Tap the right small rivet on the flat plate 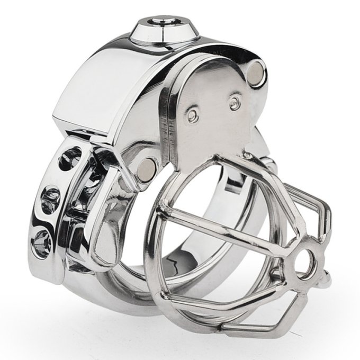(x=234, y=103)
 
